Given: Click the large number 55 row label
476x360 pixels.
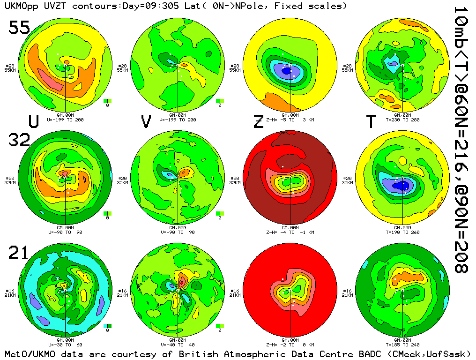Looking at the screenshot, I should pos(19,28).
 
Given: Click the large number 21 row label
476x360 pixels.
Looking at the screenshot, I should pos(19,253).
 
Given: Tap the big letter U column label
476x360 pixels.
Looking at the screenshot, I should pos(33,121).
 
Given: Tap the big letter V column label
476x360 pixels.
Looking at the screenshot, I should pos(146,121).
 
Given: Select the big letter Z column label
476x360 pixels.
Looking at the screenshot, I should pos(258,121).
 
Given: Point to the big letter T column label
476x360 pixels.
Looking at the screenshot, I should pos(371,121).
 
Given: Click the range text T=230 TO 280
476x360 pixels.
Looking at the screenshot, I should pos(403,120).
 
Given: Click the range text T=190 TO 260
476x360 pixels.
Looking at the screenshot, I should pos(403,232).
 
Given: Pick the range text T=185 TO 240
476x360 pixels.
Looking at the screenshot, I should pos(403,345).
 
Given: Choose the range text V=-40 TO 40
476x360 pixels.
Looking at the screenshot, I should pos(178,345).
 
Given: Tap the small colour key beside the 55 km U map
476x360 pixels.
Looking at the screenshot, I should pos(107,101).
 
